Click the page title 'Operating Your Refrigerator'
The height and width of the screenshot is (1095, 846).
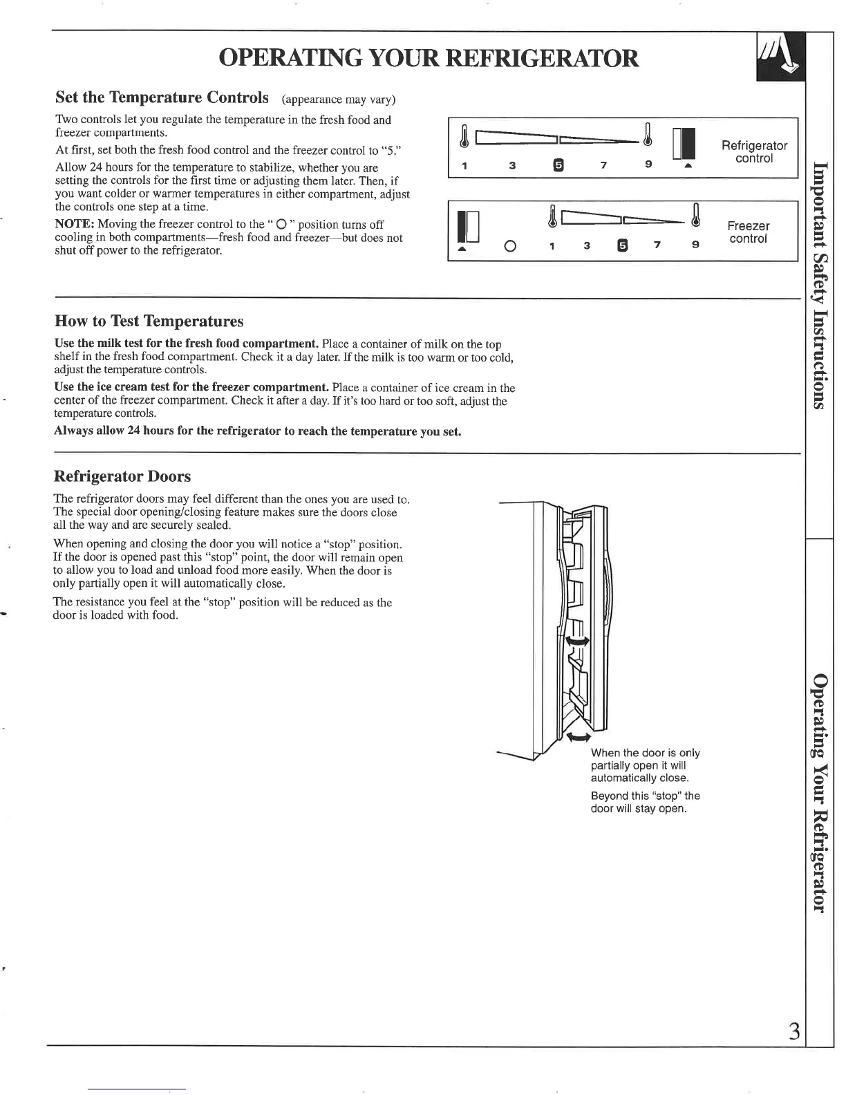coord(428,58)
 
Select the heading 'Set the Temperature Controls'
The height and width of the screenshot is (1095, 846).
coord(162,97)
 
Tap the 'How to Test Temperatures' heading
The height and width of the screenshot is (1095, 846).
coord(149,321)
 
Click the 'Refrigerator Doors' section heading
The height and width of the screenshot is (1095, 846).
coord(122,476)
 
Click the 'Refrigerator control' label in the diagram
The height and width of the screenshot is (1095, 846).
coord(754,152)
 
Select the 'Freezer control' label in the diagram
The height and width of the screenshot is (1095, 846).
coord(748,232)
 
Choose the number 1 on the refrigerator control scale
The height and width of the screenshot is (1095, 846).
coord(465,166)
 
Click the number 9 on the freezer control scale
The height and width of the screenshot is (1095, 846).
coord(695,245)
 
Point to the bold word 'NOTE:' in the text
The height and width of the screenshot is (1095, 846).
coord(75,225)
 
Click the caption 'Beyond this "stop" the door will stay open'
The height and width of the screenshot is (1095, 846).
coord(646,803)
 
